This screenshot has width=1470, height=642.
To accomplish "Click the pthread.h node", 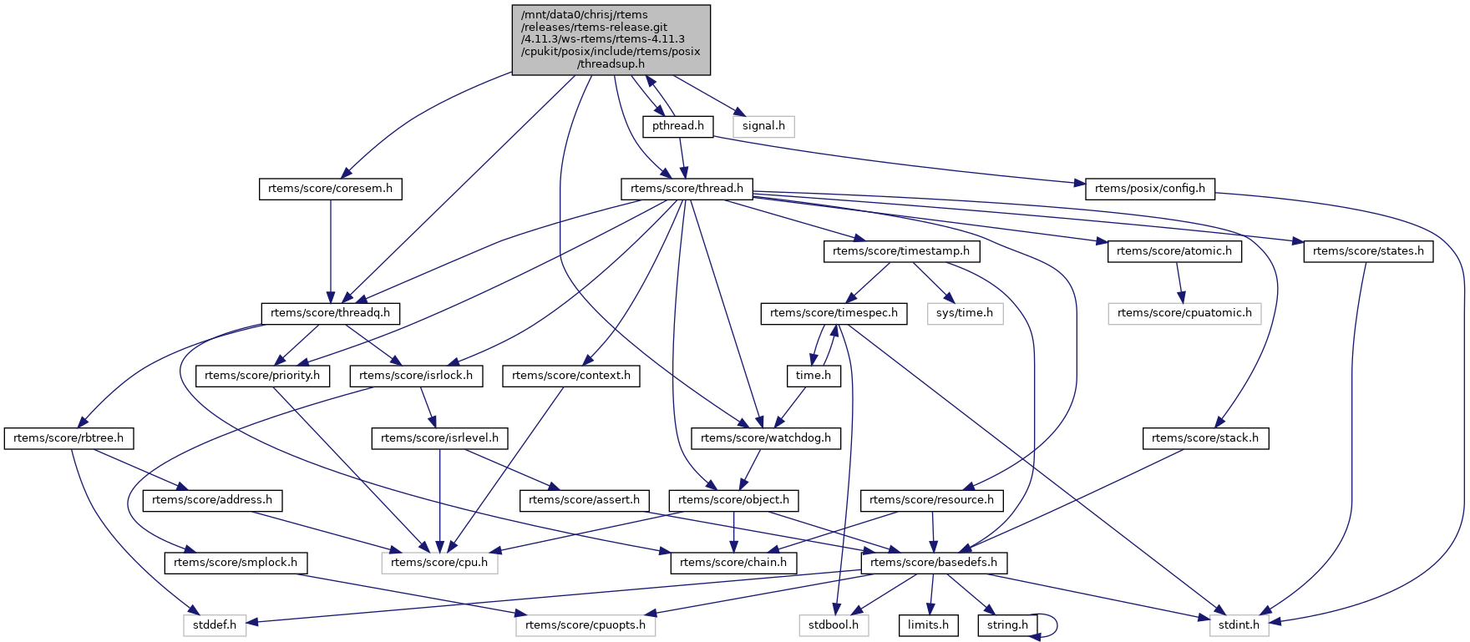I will pyautogui.click(x=677, y=126).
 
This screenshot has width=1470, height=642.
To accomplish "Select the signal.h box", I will pyautogui.click(x=763, y=126).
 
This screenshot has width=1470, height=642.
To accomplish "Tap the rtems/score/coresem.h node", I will pyautogui.click(x=330, y=189).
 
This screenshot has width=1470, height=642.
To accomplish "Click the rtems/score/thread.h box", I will pyautogui.click(x=687, y=189).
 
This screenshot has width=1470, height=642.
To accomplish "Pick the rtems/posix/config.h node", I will pyautogui.click(x=1149, y=189).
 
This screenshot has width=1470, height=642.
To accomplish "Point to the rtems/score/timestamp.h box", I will pyautogui.click(x=900, y=250).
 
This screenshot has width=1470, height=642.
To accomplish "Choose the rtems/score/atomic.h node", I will pyautogui.click(x=1173, y=250).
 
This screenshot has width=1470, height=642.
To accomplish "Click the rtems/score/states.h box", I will pyautogui.click(x=1367, y=250).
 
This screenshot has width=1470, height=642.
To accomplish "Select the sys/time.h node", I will pyautogui.click(x=964, y=313).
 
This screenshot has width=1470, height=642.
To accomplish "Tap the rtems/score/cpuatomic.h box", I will pyautogui.click(x=1184, y=313).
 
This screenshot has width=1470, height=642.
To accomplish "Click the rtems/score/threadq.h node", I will pyautogui.click(x=330, y=313).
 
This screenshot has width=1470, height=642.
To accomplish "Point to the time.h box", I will pyautogui.click(x=813, y=376).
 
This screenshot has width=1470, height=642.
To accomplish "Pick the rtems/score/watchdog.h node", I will pyautogui.click(x=766, y=438).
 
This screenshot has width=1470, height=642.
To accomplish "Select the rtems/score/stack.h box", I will pyautogui.click(x=1204, y=438).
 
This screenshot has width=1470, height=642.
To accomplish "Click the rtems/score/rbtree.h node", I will pyautogui.click(x=68, y=438).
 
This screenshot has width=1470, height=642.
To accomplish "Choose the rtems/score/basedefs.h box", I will pyautogui.click(x=933, y=563).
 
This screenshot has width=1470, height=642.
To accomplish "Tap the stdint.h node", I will pyautogui.click(x=1239, y=625).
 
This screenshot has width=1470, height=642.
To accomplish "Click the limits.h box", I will pyautogui.click(x=928, y=625).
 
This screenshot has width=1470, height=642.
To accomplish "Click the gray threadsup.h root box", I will pyautogui.click(x=611, y=39).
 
